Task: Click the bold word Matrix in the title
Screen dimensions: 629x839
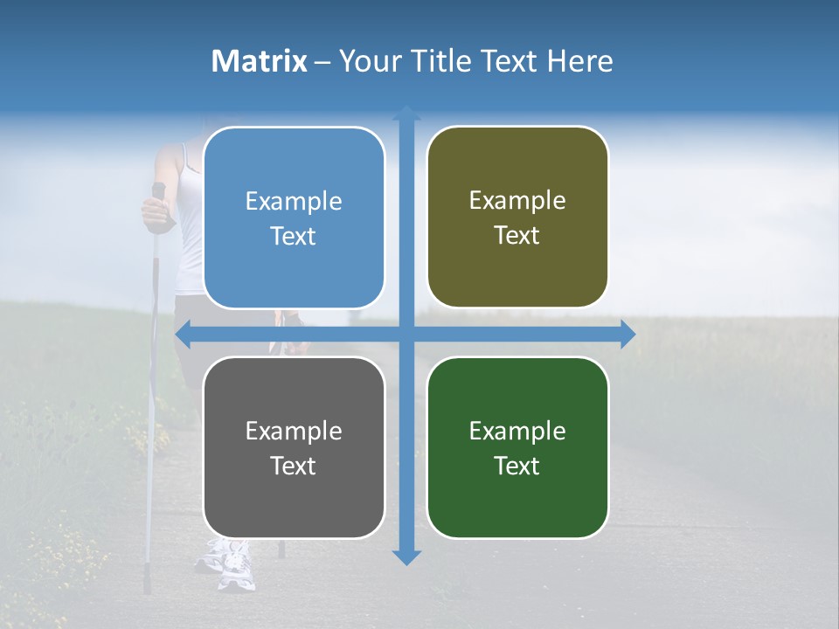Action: pyautogui.click(x=260, y=61)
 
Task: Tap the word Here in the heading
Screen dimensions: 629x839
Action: pyautogui.click(x=580, y=61)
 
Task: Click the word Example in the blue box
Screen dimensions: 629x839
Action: pyautogui.click(x=294, y=202)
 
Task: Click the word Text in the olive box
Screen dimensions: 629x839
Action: pyautogui.click(x=517, y=236)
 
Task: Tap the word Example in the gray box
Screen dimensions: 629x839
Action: pyautogui.click(x=294, y=431)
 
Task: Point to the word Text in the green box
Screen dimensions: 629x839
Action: pyautogui.click(x=517, y=467)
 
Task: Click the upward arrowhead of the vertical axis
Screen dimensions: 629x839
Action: pyautogui.click(x=406, y=112)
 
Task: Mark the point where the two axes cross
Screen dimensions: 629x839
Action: pyautogui.click(x=406, y=334)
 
